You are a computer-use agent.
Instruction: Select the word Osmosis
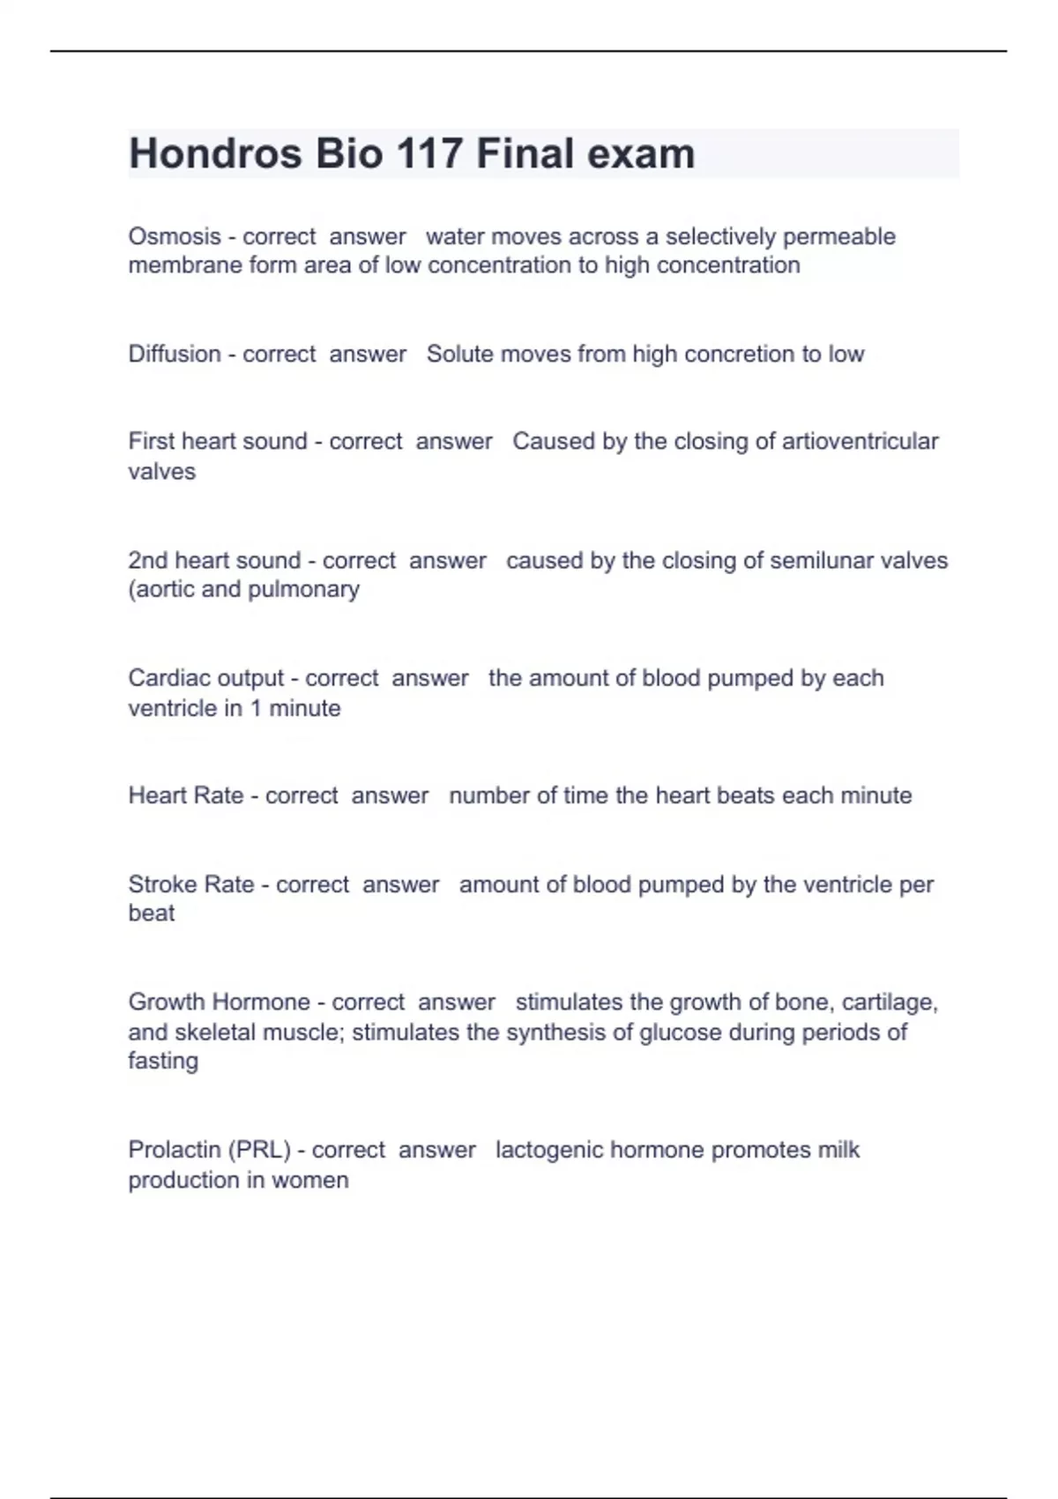click(x=175, y=236)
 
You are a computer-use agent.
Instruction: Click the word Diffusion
click(x=175, y=354)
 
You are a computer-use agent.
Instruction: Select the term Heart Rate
click(x=186, y=795)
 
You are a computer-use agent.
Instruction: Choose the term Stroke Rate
click(x=191, y=884)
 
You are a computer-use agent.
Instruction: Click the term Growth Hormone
click(x=220, y=1002)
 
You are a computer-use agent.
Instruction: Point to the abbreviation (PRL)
click(x=259, y=1150)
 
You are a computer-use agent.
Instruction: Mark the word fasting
click(x=163, y=1061)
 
